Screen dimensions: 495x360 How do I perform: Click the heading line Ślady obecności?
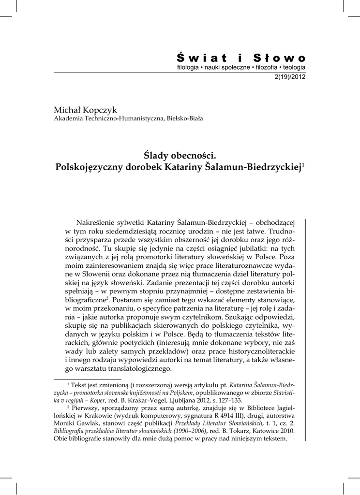click(180, 156)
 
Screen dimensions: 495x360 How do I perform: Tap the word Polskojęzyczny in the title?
click(89, 168)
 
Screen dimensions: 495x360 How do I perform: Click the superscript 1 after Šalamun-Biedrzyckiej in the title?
click(303, 165)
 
